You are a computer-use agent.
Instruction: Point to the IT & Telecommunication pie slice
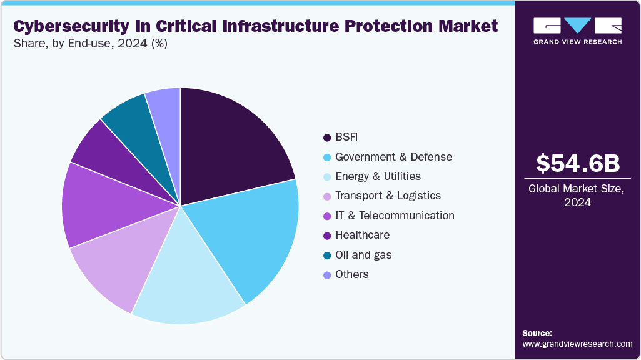(97, 206)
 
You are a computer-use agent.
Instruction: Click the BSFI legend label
(346, 137)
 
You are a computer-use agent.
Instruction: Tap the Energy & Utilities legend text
(378, 176)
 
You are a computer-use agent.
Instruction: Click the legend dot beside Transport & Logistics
(326, 196)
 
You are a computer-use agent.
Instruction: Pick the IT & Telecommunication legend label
(395, 216)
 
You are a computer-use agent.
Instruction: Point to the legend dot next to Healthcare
(326, 236)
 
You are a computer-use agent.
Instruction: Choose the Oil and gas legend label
(363, 255)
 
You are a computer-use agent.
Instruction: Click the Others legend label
(351, 274)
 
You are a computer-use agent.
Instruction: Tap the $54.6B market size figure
(578, 163)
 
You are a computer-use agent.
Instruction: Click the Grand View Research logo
(577, 31)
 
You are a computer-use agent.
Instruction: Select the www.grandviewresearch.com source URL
(577, 344)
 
